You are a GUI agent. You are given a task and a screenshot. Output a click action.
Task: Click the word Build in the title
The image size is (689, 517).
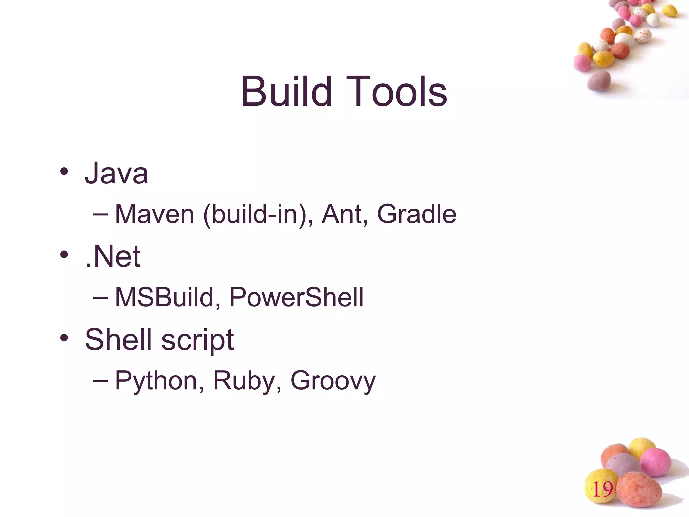click(286, 92)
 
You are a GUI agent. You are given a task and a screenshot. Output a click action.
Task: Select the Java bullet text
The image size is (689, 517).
click(116, 173)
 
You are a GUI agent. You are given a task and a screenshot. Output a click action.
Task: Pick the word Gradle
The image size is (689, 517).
click(416, 214)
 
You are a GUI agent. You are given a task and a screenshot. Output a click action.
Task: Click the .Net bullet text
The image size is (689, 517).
click(113, 256)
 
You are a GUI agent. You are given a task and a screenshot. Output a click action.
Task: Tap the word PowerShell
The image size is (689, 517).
click(296, 297)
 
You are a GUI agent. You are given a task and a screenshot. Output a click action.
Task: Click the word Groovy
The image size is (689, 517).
click(333, 381)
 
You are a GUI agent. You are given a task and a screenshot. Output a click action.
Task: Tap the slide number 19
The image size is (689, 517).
click(602, 489)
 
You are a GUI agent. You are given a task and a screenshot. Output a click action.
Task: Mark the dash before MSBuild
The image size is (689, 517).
click(100, 297)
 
